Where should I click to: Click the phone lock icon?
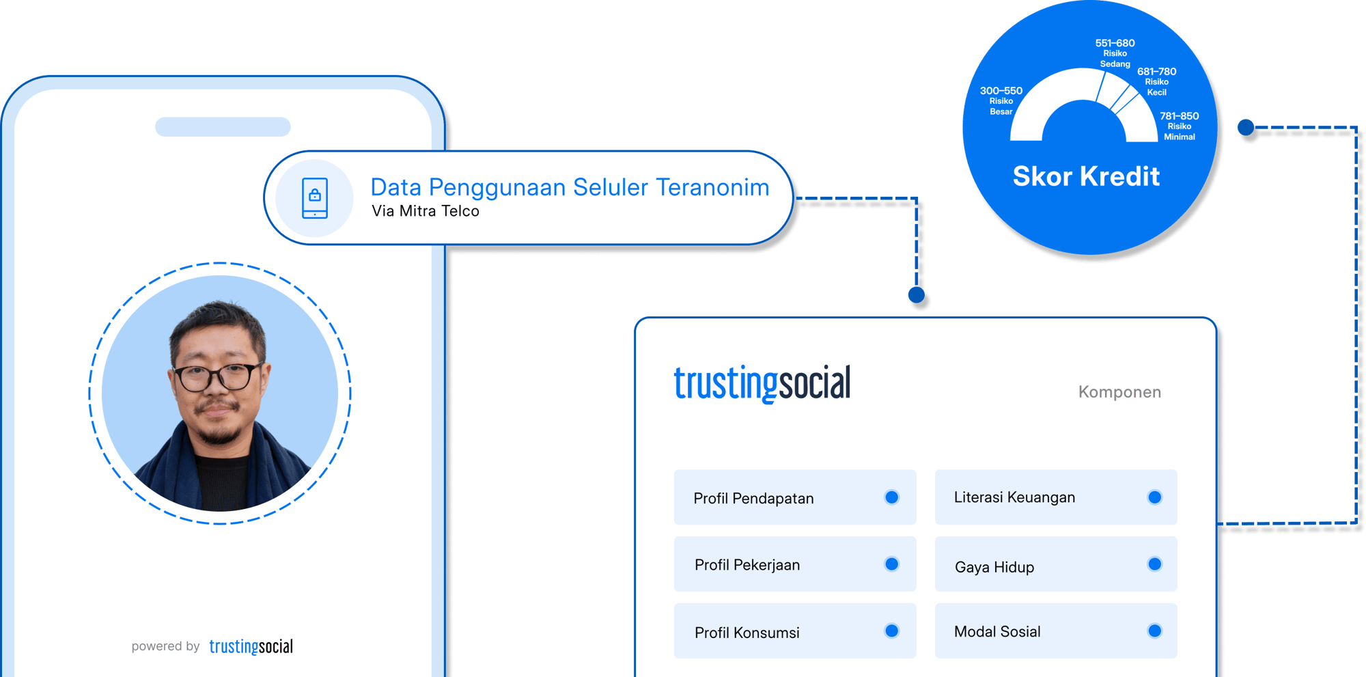tap(315, 198)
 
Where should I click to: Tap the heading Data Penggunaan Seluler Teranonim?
tap(570, 187)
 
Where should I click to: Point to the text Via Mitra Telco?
tap(426, 211)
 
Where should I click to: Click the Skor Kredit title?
tap(1086, 176)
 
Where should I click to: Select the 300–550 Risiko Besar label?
tap(1001, 100)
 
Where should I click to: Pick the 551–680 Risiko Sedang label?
tap(1115, 53)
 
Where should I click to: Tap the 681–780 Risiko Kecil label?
tap(1156, 81)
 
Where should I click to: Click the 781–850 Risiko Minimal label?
tap(1179, 126)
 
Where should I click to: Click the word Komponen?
tap(1119, 392)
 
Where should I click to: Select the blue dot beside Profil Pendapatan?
tap(891, 497)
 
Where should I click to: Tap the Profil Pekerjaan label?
tap(747, 565)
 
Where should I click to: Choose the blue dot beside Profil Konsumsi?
tap(891, 631)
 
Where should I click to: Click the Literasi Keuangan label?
tap(1014, 497)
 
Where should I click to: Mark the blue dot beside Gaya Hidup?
tap(1154, 564)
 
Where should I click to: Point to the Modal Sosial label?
tap(997, 632)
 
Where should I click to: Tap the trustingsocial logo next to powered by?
tap(251, 646)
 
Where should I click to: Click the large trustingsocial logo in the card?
tap(762, 383)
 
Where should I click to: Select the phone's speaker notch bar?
tap(223, 127)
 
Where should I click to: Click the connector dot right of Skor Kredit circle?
tap(1246, 127)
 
